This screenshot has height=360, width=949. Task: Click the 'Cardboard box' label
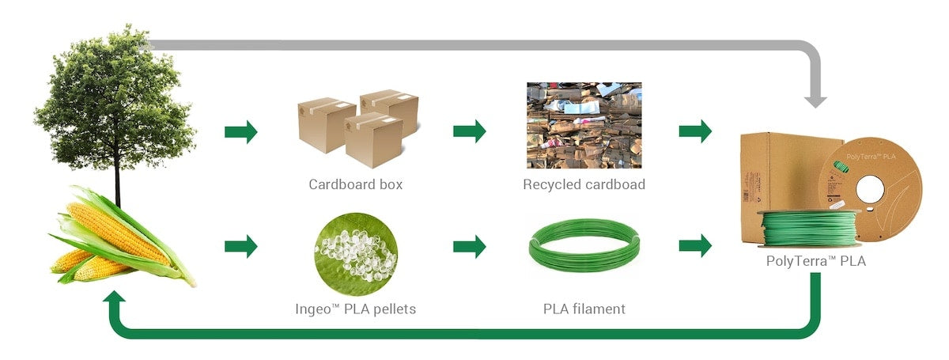355,184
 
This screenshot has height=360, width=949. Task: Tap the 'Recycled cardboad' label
584,184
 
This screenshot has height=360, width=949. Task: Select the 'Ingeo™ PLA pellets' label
355,309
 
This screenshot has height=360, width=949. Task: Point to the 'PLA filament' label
584,309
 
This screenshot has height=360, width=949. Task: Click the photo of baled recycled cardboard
584,125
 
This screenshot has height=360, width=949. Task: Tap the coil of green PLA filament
584,245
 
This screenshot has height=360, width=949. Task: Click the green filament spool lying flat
809,227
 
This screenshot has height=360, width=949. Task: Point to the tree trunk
117,178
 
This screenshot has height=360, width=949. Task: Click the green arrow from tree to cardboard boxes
241,131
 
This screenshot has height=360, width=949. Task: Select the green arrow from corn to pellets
241,246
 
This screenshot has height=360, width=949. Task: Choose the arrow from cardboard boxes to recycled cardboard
469,131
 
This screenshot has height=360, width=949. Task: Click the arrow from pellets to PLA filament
469,246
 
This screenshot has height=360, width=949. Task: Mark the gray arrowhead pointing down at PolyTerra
815,100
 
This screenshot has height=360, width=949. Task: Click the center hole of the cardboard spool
873,191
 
